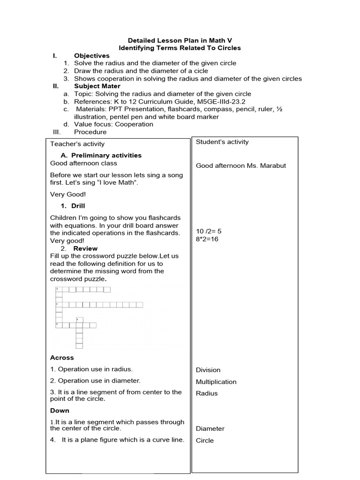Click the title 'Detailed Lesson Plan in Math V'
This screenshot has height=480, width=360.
coord(180,40)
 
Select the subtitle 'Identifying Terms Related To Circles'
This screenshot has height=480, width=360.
coord(180,48)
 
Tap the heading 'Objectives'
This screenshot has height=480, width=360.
coord(91,56)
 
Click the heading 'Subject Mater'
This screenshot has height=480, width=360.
coord(97,86)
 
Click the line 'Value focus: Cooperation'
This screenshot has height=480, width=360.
coord(113,124)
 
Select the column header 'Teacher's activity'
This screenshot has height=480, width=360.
coord(77,144)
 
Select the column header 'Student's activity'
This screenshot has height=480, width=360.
coord(222,142)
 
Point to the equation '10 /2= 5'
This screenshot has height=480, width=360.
coord(209,231)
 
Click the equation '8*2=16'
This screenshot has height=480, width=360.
coord(207,239)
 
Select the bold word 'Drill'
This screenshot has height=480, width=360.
coord(78,206)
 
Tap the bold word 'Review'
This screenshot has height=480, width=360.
coord(85,248)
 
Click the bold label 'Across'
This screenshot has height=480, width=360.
coord(62,358)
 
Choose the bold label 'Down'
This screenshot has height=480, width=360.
coord(60,411)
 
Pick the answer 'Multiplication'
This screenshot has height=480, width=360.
coord(216,382)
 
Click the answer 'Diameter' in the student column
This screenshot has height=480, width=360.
coord(210,428)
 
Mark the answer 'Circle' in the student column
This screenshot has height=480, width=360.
coord(205,440)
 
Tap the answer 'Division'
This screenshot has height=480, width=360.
coord(208,370)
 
